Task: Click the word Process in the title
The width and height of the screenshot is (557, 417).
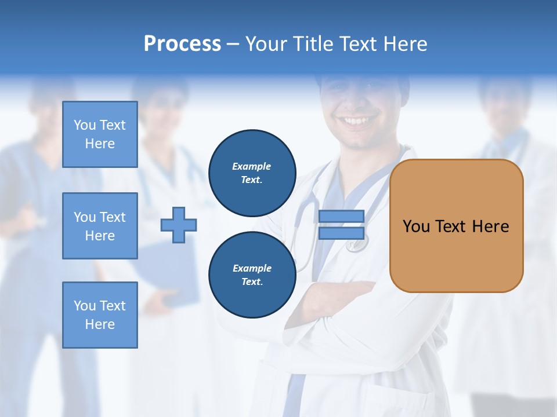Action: tap(182, 44)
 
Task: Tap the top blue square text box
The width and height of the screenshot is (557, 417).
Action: tap(100, 134)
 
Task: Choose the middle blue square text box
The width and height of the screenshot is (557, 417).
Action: tap(100, 226)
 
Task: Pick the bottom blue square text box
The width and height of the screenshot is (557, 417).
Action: tap(100, 315)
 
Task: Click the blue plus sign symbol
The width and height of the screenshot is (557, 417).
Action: tap(179, 225)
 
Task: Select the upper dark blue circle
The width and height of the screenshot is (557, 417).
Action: tap(252, 173)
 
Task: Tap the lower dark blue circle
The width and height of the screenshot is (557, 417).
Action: tap(252, 275)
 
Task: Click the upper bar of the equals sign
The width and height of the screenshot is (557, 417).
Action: tap(341, 216)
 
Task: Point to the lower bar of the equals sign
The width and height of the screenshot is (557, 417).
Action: tap(341, 233)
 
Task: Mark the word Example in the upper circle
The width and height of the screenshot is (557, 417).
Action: tap(251, 166)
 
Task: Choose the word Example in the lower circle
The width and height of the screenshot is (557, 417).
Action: tap(252, 268)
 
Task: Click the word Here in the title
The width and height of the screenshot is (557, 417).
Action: tap(404, 44)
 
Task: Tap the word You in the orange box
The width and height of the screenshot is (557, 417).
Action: tap(416, 226)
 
